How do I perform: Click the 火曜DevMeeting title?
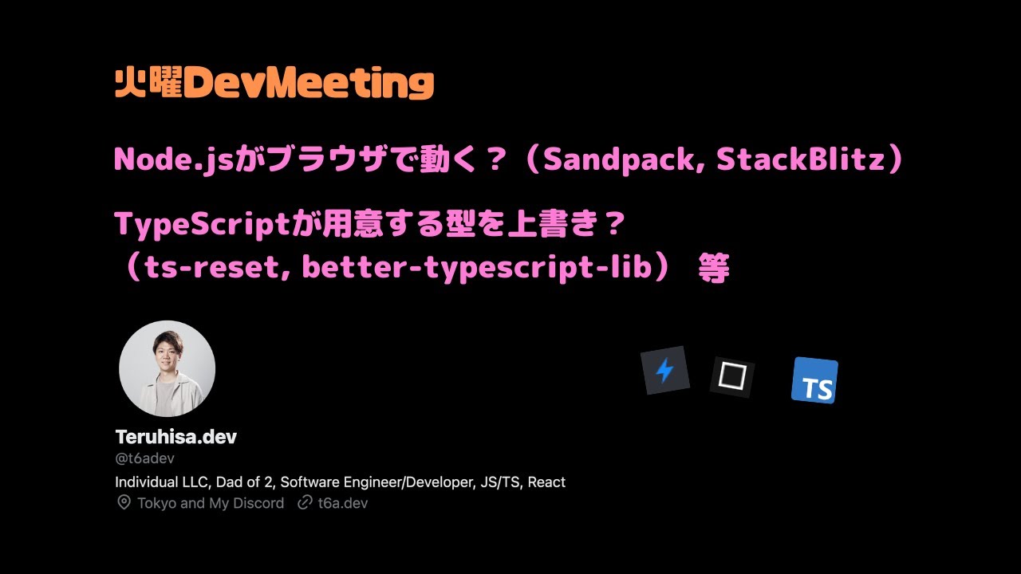(274, 82)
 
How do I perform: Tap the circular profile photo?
(167, 368)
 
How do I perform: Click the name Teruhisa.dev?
(175, 437)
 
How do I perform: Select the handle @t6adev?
(144, 458)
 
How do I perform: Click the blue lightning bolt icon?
(664, 371)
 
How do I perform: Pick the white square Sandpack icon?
(731, 376)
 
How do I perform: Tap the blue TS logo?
(814, 381)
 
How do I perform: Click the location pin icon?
(124, 503)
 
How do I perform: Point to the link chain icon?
(304, 503)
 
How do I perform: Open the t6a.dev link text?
(343, 503)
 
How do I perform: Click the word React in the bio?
(546, 482)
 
